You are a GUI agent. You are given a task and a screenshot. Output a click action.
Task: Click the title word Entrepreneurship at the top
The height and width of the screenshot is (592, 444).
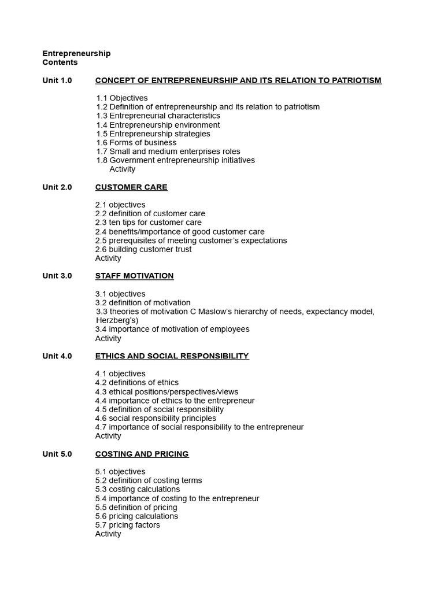[76, 54]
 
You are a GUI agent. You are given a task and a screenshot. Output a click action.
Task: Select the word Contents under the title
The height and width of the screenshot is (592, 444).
[60, 62]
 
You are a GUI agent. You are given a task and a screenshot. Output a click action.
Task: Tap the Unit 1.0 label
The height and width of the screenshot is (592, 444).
[57, 80]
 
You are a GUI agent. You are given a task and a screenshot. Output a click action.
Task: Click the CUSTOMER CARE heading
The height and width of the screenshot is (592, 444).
[131, 187]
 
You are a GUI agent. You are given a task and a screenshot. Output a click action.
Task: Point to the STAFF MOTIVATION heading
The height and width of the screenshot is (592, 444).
[134, 276]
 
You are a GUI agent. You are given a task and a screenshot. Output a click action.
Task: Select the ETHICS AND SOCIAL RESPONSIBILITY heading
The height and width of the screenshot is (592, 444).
[172, 356]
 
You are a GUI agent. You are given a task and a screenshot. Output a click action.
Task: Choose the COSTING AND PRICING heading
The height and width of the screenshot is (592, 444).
[142, 454]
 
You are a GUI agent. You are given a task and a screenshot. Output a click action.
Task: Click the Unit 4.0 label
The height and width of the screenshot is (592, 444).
[57, 356]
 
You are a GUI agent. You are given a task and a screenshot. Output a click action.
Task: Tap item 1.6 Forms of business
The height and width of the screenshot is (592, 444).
[136, 143]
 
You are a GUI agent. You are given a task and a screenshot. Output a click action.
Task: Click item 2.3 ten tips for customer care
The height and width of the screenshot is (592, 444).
[149, 223]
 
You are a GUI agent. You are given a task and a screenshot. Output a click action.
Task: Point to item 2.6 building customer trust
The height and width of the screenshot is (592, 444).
[143, 249]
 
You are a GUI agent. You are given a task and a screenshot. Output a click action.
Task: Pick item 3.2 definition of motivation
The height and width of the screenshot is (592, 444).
[143, 303]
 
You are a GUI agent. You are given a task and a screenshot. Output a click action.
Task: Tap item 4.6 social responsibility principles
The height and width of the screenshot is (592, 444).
[156, 418]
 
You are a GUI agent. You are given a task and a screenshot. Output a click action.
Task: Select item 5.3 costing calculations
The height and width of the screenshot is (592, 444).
[138, 489]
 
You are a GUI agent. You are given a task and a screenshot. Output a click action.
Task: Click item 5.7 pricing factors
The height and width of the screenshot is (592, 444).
[128, 525]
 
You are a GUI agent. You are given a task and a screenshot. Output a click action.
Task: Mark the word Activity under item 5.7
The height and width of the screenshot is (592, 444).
[108, 534]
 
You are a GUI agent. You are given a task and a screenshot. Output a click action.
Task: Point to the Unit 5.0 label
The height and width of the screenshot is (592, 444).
[57, 454]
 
